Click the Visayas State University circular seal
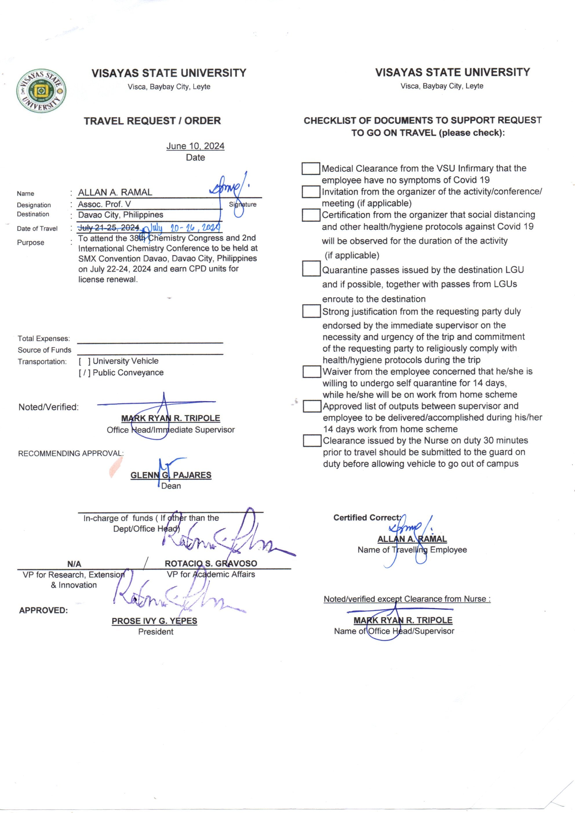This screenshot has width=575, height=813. coord(41,91)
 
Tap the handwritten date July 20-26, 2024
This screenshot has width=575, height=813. coord(184,228)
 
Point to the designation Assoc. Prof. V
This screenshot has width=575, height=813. coord(104,204)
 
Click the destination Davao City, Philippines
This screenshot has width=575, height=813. coord(120,215)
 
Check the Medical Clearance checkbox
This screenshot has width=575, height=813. coord(310,169)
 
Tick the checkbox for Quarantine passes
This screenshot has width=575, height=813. coord(311,268)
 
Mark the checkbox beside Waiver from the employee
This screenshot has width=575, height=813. coord(312,372)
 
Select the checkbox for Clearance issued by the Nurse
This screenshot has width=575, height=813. coord(312,441)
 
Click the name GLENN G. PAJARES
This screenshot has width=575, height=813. coord(171,475)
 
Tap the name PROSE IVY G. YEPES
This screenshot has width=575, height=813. coord(154,621)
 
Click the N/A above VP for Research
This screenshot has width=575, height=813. coord(74,564)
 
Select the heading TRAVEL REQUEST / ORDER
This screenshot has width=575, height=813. coord(152,121)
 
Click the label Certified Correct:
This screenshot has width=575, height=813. coord(367,518)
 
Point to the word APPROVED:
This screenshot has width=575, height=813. coord(43,610)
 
